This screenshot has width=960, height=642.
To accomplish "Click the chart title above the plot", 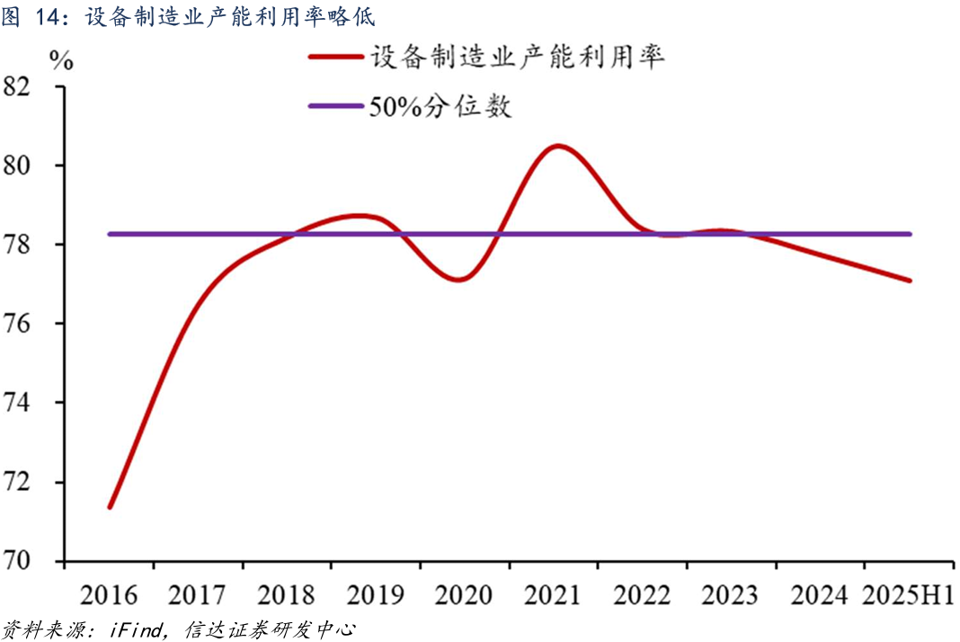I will tap(188, 17).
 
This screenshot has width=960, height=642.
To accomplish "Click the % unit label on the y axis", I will tap(62, 60).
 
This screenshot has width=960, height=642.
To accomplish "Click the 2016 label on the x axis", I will tap(109, 595).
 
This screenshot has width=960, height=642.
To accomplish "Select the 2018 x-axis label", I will tap(287, 595).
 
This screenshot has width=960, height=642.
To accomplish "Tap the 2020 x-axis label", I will tap(465, 595).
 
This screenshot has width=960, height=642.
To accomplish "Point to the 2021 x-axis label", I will tap(554, 595).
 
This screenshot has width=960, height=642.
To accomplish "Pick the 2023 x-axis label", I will tap(731, 595).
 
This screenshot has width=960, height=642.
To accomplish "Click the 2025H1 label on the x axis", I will tap(908, 595).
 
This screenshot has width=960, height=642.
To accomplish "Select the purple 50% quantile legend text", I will tap(440, 106).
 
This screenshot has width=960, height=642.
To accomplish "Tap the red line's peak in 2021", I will tap(558, 146).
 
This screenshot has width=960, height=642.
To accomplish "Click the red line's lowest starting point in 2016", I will tap(110, 507).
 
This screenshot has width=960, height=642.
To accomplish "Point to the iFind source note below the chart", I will tap(180, 629).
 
